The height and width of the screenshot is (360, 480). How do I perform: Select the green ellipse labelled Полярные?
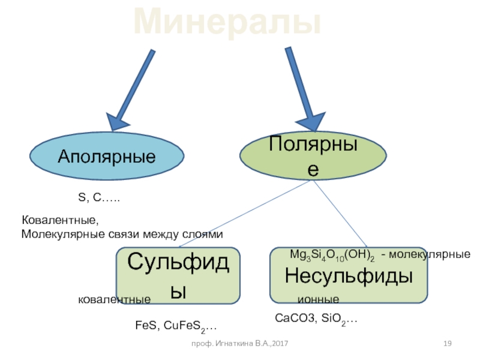pyautogui.click(x=313, y=155)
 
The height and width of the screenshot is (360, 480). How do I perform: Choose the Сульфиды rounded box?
pyautogui.click(x=178, y=276)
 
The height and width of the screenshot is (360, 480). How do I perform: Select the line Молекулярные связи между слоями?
pyautogui.click(x=122, y=234)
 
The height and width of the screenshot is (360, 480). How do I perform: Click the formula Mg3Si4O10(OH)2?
pyautogui.click(x=332, y=255)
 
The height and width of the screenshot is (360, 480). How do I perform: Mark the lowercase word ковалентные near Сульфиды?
pyautogui.click(x=114, y=299)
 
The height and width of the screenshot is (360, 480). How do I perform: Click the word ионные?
pyautogui.click(x=318, y=299)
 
